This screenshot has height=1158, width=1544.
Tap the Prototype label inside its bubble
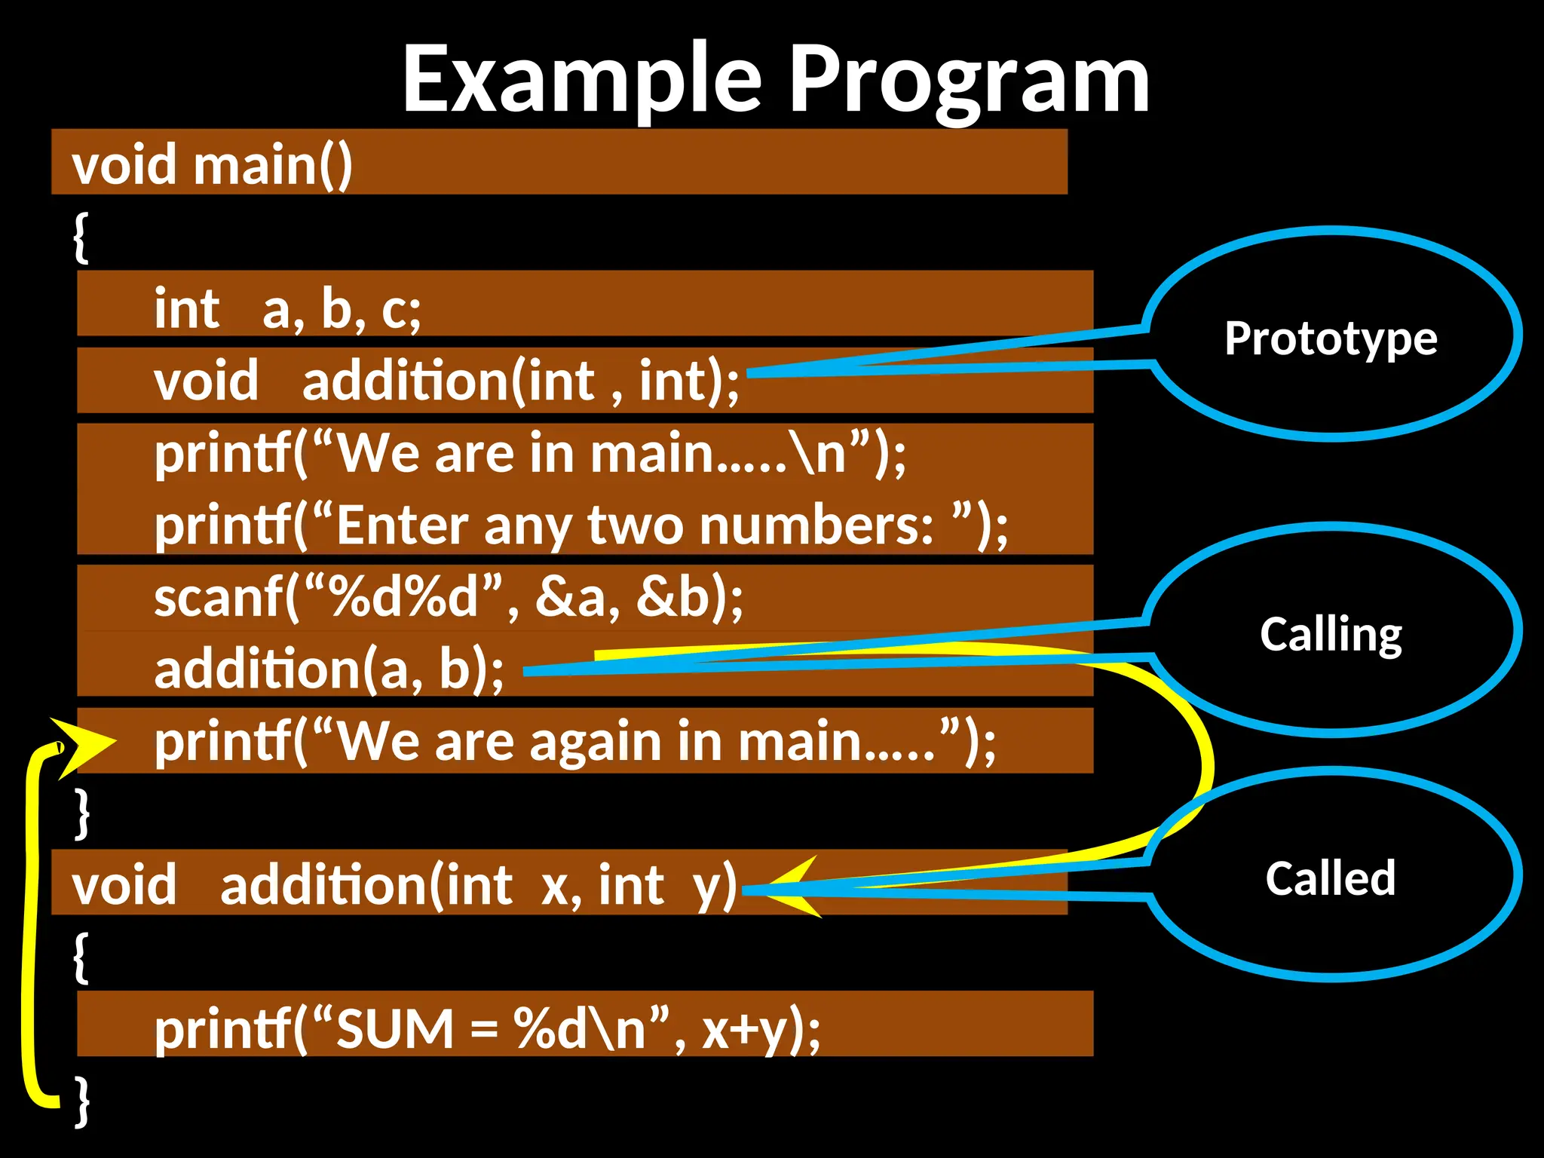pyautogui.click(x=1331, y=339)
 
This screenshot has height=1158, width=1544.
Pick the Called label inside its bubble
pyautogui.click(x=1331, y=878)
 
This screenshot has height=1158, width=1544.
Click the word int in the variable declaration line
pyautogui.click(x=186, y=308)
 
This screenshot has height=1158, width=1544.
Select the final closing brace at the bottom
pyautogui.click(x=81, y=1101)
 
